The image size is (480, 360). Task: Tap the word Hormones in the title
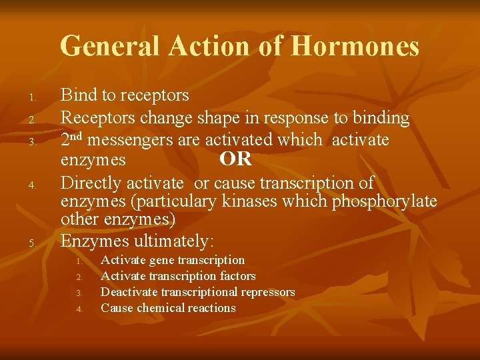coord(355,47)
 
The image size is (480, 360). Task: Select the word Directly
coord(89,183)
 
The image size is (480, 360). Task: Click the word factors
coord(238,276)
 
